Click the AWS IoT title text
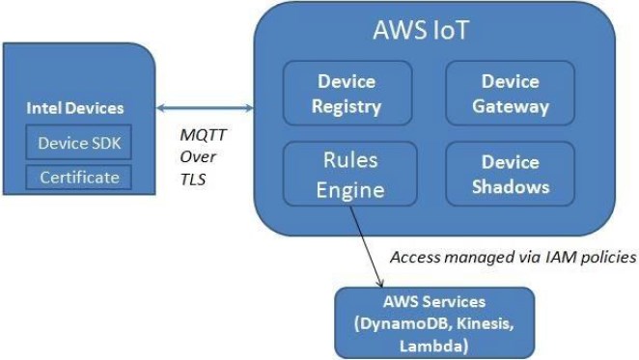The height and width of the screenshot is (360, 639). (432, 29)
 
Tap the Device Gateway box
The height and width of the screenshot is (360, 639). (510, 94)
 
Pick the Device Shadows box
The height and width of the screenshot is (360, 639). (510, 174)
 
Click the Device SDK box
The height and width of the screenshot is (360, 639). (80, 143)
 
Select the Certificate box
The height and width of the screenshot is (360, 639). (80, 178)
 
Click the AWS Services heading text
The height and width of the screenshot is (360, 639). (432, 302)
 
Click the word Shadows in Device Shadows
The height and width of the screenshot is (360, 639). (510, 186)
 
